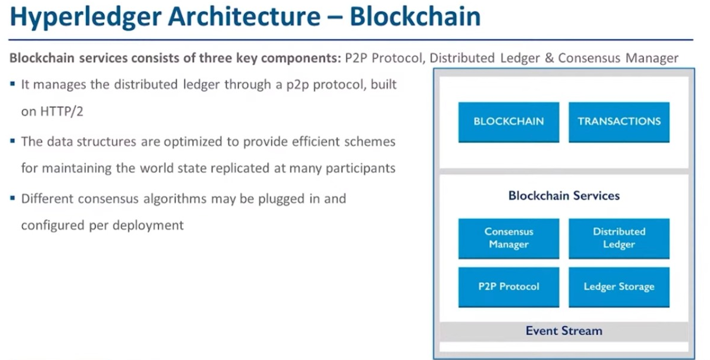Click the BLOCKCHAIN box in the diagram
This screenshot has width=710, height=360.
[x=509, y=122]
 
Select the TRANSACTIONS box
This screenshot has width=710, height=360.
[x=619, y=122]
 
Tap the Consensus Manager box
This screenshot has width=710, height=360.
[x=509, y=238]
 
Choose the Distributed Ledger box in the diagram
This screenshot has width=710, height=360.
[x=619, y=238]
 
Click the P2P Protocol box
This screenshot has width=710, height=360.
[x=509, y=287]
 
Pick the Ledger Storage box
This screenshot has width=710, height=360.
[x=619, y=287]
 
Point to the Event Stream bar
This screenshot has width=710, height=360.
[x=563, y=331]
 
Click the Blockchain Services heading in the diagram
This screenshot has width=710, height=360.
[x=563, y=195]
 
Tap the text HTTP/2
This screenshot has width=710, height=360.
[x=52, y=111]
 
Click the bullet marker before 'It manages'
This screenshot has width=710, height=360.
[x=13, y=85]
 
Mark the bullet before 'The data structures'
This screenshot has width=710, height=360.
[x=13, y=142]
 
